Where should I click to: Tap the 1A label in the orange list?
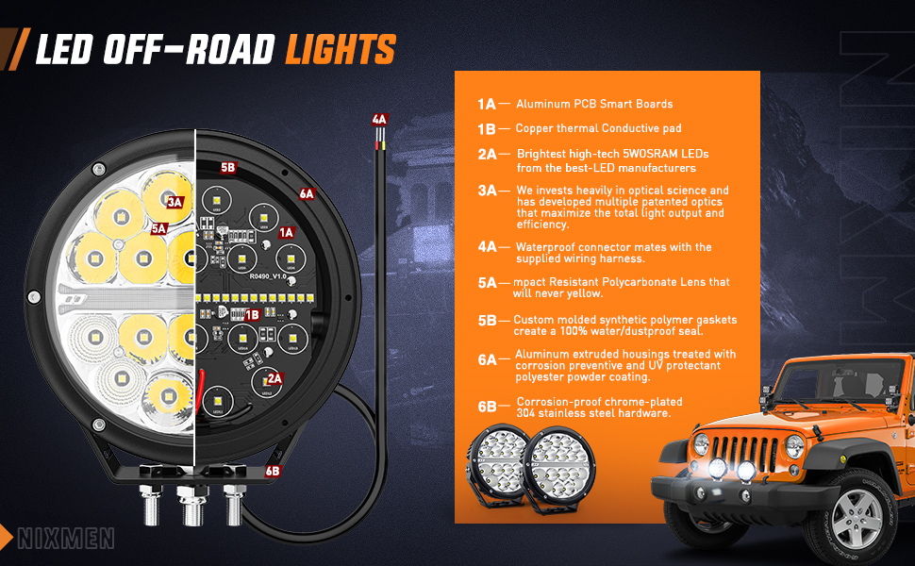487,104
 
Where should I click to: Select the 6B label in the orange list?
487,407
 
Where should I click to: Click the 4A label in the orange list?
487,247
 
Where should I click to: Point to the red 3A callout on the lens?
174,201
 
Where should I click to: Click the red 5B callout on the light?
227,168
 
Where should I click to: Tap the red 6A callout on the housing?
306,194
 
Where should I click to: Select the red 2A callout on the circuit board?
274,377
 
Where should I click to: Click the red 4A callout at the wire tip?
379,120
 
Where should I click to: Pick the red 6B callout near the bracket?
273,470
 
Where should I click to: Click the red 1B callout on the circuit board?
251,315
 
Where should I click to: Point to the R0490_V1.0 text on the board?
270,277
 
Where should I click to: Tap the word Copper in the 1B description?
535,128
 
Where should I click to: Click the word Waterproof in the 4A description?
546,247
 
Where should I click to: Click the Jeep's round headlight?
701,444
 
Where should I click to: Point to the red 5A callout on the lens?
158,228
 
